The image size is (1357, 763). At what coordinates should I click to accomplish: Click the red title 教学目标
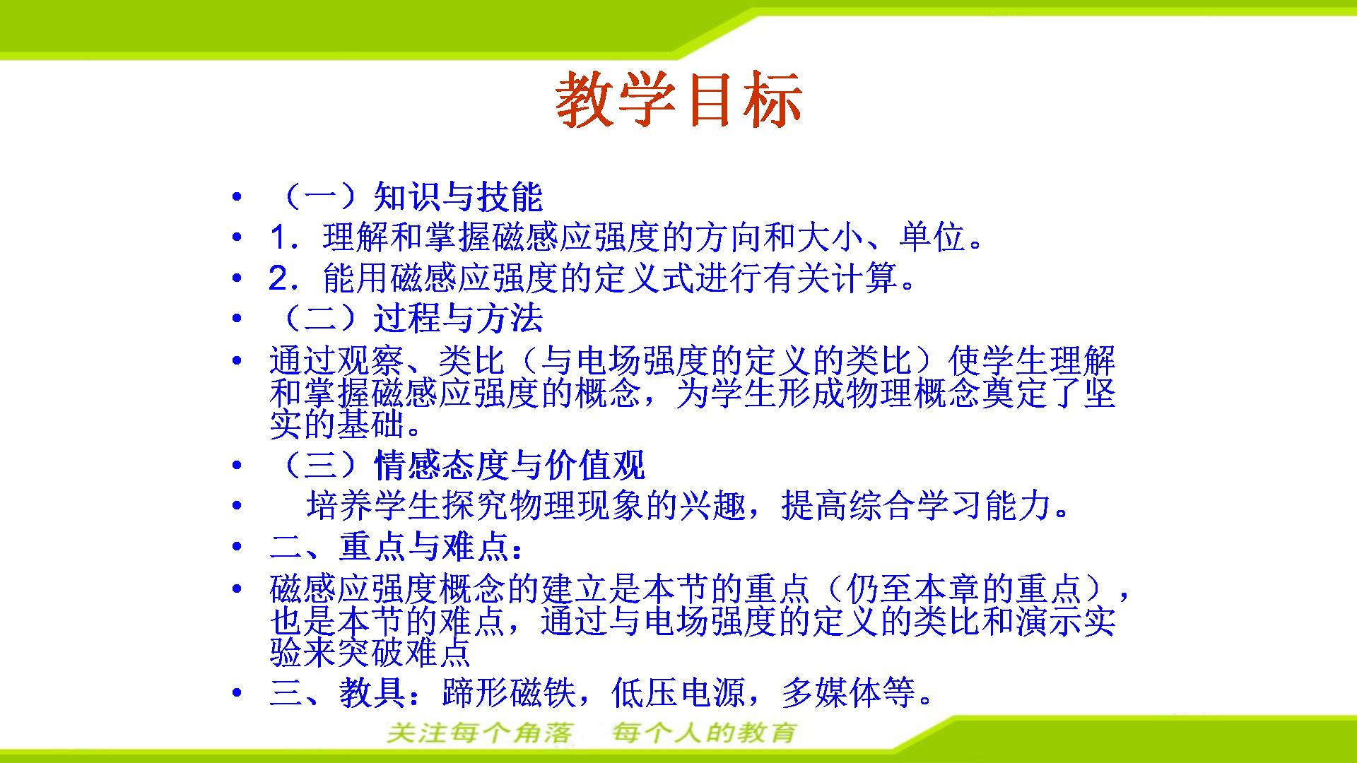point(678,100)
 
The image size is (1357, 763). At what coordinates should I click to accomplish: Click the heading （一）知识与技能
point(406,196)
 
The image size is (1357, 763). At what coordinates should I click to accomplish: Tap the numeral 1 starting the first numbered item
point(278,238)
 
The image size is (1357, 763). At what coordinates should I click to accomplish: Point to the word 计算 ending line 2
point(864,278)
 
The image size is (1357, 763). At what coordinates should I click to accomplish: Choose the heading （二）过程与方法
point(406,318)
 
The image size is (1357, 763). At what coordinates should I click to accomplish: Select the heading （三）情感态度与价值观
point(457,465)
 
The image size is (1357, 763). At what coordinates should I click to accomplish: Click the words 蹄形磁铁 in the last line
point(509,693)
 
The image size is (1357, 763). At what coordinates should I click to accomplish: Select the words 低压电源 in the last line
point(678,693)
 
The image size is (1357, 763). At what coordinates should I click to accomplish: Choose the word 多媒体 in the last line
point(831,693)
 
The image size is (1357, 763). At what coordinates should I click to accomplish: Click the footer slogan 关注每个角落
point(480,733)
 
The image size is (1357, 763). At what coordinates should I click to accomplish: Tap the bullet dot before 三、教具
point(237,693)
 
